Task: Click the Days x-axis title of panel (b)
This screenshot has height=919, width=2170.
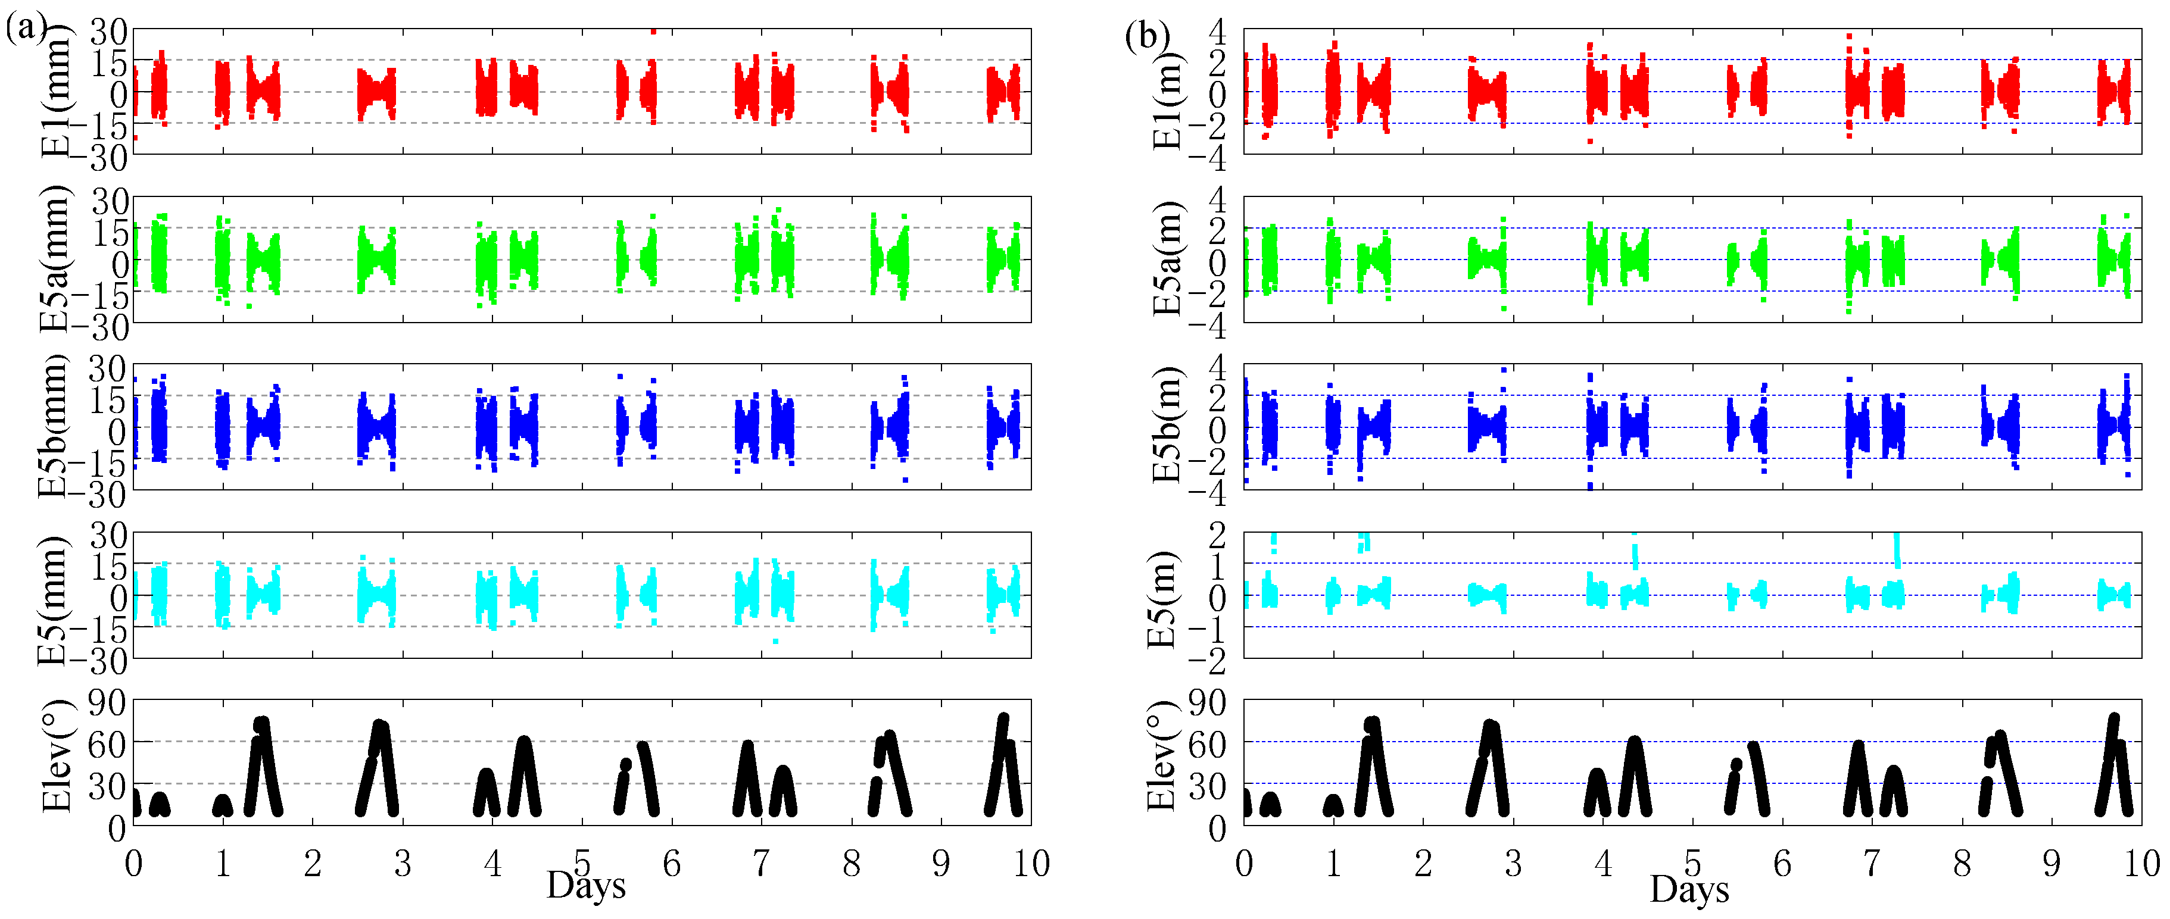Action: point(1689,889)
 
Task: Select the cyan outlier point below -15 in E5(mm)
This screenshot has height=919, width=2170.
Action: point(775,642)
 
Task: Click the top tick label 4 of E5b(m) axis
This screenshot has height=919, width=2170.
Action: point(1217,367)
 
